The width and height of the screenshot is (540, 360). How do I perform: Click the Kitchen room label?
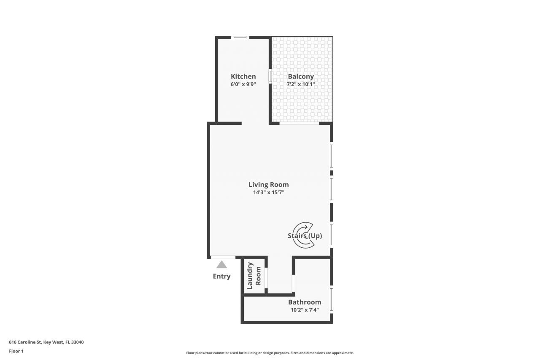pos(243,76)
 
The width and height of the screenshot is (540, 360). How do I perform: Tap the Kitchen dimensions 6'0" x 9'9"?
pos(243,84)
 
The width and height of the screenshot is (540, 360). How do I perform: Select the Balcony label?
pos(301,76)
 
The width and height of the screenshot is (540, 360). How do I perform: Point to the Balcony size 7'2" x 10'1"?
pos(301,84)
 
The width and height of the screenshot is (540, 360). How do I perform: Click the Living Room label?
pos(269,184)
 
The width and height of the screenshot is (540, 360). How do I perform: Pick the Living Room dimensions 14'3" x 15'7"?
pos(269,192)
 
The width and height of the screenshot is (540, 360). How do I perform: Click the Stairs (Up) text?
pos(305,236)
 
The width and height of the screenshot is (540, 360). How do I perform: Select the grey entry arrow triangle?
pos(221,265)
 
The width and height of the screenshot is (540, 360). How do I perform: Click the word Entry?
pos(221,276)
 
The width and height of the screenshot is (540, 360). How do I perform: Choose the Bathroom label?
pos(305,302)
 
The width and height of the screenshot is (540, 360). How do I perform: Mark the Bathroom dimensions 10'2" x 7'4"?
pos(305,310)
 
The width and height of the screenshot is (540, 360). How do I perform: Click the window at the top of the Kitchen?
pos(240,38)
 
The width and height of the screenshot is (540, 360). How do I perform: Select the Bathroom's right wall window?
pos(332,299)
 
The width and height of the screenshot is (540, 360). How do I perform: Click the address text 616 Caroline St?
pos(46,342)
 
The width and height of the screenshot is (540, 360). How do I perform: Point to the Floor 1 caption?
pos(16,351)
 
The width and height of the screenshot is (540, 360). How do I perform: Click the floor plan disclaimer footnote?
pos(270,353)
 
